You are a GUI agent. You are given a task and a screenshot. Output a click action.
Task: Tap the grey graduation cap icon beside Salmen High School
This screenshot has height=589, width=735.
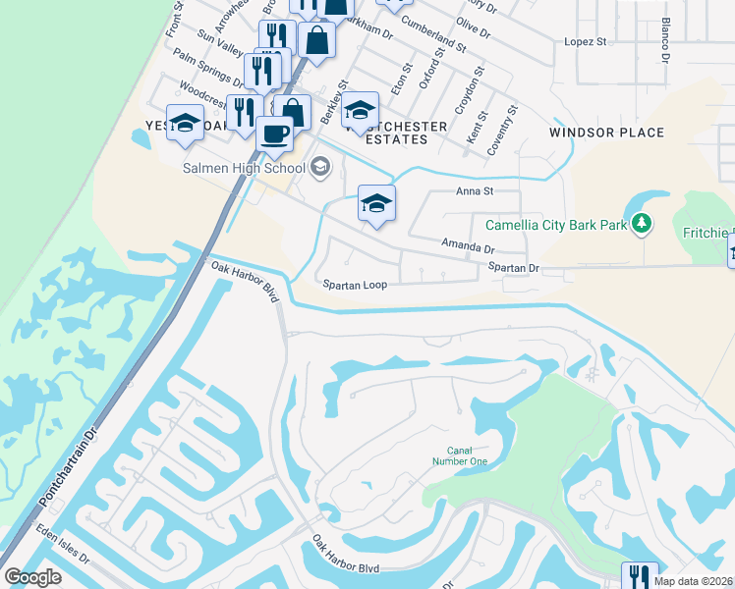[x=319, y=169]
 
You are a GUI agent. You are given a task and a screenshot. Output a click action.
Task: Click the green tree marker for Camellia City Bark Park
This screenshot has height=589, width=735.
[x=642, y=225]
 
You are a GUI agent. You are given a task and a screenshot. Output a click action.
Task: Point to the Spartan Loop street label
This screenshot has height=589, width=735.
[x=356, y=285]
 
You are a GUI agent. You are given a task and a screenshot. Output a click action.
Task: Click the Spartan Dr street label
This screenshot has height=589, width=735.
[x=514, y=267]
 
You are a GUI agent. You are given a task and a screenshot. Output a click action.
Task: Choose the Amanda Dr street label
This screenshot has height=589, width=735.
[x=467, y=245]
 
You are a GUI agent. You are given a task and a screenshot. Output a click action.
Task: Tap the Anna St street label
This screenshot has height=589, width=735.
[x=473, y=192]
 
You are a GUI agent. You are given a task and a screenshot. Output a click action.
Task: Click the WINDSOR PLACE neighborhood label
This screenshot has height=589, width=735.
[x=606, y=133]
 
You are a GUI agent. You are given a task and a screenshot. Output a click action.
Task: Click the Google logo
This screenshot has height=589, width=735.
[x=32, y=577]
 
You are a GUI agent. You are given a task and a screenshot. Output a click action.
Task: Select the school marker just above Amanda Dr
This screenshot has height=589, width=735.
[x=376, y=204]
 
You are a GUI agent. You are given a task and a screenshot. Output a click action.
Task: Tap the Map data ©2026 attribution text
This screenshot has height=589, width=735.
[x=693, y=581]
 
